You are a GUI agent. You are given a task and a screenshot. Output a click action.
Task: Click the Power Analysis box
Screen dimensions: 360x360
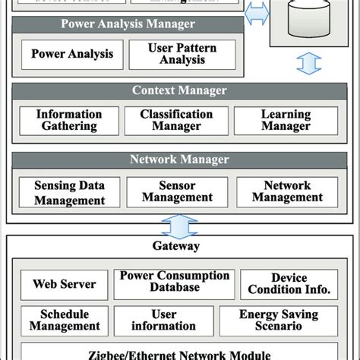click(x=72, y=55)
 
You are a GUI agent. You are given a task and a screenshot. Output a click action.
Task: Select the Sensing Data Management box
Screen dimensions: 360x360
click(x=69, y=193)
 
